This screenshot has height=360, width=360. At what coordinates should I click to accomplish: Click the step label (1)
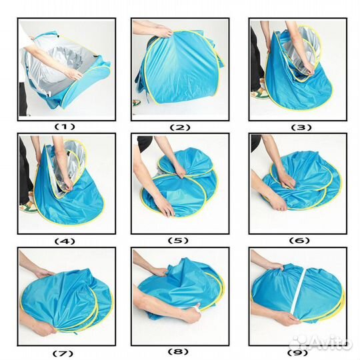tap(65, 127)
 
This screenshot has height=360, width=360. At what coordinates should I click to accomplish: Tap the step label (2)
tap(180, 127)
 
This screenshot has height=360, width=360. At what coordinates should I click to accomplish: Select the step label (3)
tap(301, 127)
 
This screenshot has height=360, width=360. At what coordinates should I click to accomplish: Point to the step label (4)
tap(65, 241)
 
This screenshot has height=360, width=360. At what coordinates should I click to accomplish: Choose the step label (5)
tap(178, 241)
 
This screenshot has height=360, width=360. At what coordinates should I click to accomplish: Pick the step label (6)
tap(299, 241)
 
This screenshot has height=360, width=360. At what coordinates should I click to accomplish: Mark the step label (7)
tap(63, 353)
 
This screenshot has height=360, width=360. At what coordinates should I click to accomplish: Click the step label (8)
tap(178, 351)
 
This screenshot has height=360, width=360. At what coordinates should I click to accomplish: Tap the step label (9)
tap(298, 353)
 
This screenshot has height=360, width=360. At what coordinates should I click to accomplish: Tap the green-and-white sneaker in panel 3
tap(260, 91)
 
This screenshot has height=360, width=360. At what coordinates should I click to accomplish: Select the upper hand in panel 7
tap(43, 273)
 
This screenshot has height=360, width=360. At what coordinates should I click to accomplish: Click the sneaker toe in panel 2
tap(137, 103)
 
